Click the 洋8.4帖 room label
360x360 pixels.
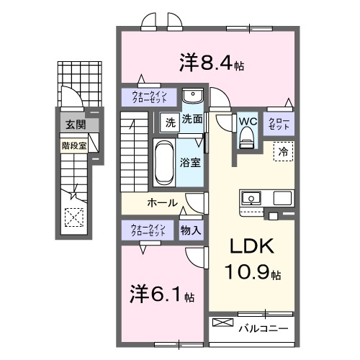coord(211,63)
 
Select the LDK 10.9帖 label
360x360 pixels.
coord(251,259)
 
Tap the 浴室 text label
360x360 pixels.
coord(191,163)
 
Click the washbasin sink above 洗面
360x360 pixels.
coord(192,97)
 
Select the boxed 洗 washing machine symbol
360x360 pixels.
coord(169,122)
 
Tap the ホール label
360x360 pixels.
coord(162,202)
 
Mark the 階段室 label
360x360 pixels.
coord(73,144)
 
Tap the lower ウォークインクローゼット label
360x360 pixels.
coord(148,230)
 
